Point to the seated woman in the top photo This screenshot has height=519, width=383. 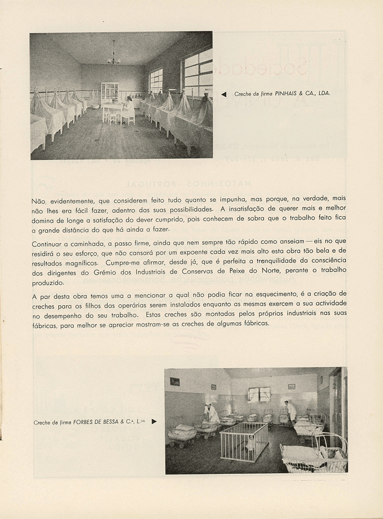click(128, 109)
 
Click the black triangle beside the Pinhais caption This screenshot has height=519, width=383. click(224, 94)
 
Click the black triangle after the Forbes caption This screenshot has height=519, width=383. click(154, 421)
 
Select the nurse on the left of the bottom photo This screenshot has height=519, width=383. click(211, 413)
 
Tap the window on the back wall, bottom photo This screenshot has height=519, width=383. click(259, 394)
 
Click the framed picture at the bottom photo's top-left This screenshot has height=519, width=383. click(174, 381)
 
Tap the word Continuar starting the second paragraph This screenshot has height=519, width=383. click(49, 244)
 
